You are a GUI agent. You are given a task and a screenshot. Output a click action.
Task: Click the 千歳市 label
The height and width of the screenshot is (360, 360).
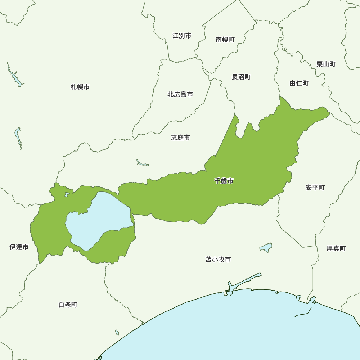coord(224,181)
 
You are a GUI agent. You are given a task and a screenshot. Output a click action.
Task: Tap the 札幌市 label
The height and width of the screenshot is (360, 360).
coord(80,87)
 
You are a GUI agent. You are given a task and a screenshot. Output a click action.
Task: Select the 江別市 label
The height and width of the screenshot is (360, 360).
coord(182,36)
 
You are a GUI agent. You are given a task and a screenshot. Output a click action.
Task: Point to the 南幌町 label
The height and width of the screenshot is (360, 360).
coord(225,40)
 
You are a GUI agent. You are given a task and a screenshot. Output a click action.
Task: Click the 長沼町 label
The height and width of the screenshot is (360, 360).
coord(241,77)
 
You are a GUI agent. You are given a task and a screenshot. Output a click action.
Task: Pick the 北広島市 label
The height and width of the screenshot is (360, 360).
coord(180,94)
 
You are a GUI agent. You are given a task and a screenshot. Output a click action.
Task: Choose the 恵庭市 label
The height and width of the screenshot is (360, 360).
coord(180,138)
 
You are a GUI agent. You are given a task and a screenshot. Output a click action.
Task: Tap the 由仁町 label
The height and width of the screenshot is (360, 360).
coord(299,84)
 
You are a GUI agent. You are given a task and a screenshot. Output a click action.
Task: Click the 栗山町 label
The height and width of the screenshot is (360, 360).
coord(326,64)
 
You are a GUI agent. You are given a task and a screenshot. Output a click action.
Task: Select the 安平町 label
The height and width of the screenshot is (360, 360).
coord(315,188)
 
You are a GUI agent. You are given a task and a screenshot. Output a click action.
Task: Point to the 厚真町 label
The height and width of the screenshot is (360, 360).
coord(336,248)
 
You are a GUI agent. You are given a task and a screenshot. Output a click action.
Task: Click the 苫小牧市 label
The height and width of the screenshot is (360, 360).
coord(218,260)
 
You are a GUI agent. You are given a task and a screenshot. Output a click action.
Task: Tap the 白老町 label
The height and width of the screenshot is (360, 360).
coord(68,305)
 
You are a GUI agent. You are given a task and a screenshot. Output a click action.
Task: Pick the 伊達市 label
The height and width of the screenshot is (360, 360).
coord(19,247)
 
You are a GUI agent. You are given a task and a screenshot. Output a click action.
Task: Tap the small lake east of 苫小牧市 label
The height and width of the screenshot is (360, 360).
coord(266,248)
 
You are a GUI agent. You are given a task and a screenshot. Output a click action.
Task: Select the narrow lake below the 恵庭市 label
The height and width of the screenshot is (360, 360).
coord(142,163)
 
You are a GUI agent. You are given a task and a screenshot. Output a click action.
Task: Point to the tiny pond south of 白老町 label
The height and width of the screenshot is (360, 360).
coord(117,332)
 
